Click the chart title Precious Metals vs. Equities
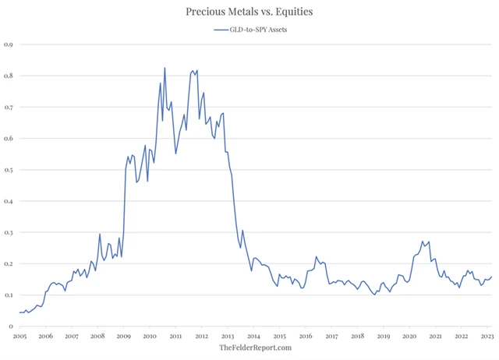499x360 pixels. (x=249, y=12)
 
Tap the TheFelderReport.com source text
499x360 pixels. (x=255, y=348)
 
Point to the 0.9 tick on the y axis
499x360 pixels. (x=9, y=44)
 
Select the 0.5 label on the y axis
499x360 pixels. (x=9, y=170)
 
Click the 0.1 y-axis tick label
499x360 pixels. (x=9, y=295)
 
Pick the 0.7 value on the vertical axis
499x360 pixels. (x=9, y=107)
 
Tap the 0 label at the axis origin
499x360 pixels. (x=11, y=326)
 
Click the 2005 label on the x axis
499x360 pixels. (x=20, y=336)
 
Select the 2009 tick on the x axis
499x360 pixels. (x=124, y=336)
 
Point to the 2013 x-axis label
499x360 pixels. (x=228, y=336)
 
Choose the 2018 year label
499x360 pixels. (x=357, y=336)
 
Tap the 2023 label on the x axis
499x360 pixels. (x=486, y=336)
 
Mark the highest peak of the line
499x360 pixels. (x=165, y=68)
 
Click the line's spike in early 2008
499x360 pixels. (x=100, y=234)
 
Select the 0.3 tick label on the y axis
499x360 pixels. (x=9, y=232)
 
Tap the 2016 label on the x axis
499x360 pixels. (x=306, y=336)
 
